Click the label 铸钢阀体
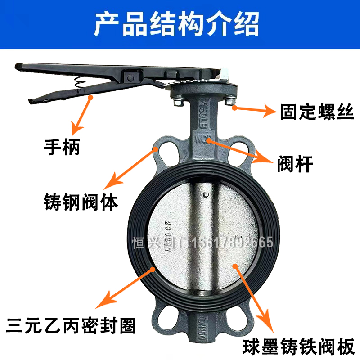81,201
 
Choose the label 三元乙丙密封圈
70,325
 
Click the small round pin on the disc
206,194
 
